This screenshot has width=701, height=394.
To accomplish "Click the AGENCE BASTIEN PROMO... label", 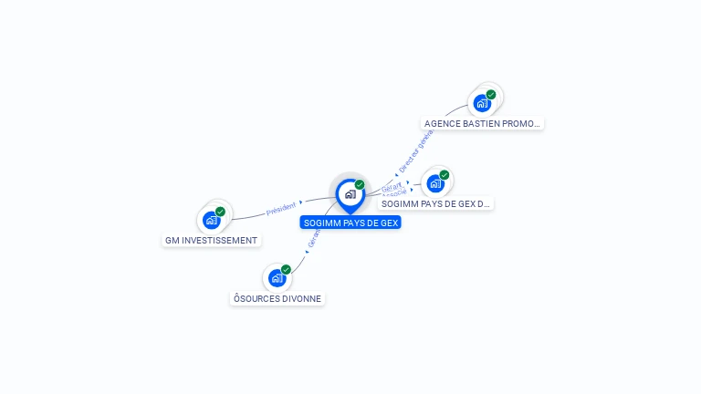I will coord(482,123).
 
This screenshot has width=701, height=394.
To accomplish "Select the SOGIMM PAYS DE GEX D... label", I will coord(436,203).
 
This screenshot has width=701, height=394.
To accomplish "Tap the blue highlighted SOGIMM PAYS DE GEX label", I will coord(350,223).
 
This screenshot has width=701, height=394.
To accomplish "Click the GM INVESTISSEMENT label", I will coord(212,241).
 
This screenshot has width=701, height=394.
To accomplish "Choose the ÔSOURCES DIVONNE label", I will coord(277,298).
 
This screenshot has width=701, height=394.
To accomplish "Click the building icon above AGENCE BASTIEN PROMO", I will coord(482,103).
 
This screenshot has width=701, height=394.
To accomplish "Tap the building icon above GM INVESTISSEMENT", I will coord(212,220).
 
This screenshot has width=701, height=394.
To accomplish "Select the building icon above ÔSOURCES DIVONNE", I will coord(277,278).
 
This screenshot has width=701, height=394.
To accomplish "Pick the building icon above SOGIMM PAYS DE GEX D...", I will coord(435,183).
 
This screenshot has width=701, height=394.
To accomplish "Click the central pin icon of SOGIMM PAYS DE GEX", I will coord(350,194).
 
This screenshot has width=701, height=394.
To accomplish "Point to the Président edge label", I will coord(280,209).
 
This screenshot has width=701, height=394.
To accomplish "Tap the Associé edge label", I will coord(394,193).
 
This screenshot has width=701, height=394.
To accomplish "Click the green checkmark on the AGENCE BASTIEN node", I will coord(491,95).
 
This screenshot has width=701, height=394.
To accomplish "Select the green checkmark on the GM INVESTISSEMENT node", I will coord(220,212).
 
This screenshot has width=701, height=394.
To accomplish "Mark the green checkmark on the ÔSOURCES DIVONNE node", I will coord(286,270).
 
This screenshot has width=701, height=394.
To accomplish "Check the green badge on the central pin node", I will coord(360,185).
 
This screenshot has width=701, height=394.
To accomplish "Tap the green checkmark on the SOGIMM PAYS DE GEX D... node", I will coord(445,175).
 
